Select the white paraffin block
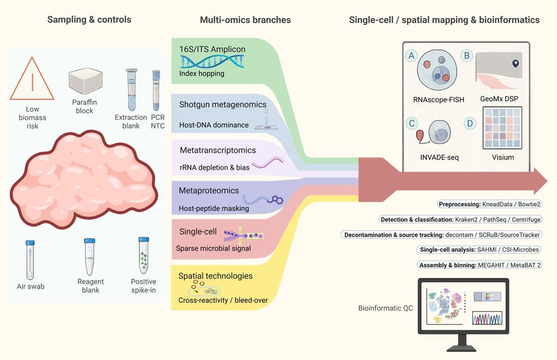point(86,81)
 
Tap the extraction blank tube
point(131,90)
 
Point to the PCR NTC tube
point(156,90)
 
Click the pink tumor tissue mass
point(84,179)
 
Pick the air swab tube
point(30,260)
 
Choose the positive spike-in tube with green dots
point(143,255)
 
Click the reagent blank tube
point(90,257)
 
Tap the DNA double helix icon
point(213,62)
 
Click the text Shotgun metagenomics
point(222,104)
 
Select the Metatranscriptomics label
point(218,151)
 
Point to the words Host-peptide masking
point(214,209)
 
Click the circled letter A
point(411,56)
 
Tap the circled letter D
point(470,123)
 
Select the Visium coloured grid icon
point(502,128)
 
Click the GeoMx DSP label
point(499,99)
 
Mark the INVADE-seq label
point(439,157)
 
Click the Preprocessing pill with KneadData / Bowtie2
point(489,204)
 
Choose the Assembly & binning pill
point(480,265)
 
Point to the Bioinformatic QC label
point(386,308)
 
